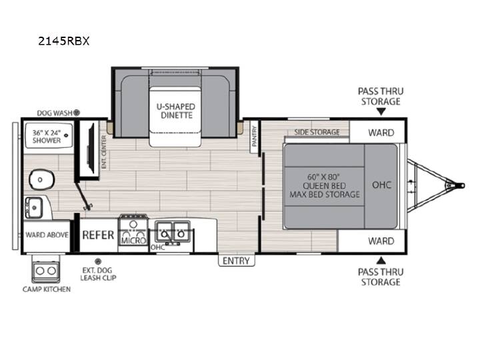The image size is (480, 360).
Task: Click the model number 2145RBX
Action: [64, 41]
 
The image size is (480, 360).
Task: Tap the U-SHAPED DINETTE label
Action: [176, 111]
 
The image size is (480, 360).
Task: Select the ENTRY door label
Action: [236, 261]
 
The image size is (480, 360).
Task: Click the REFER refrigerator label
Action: [98, 235]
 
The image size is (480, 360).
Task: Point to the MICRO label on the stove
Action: [133, 240]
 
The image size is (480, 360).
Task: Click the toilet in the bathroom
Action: [41, 179]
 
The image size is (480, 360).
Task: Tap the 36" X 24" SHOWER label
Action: [47, 137]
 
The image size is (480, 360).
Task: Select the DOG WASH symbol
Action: [77, 113]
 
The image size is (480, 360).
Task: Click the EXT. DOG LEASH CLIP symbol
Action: [98, 261]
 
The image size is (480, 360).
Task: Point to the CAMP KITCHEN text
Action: [47, 289]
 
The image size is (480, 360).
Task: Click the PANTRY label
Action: [254, 136]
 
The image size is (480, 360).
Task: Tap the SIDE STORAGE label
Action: [317, 132]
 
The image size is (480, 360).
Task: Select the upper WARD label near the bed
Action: [381, 133]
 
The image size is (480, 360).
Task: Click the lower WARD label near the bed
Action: [381, 241]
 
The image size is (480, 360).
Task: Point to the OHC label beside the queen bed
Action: [382, 185]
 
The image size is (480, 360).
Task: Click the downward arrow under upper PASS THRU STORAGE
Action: [381, 112]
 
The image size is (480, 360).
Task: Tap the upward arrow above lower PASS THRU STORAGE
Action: [381, 261]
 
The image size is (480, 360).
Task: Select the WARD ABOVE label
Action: [47, 235]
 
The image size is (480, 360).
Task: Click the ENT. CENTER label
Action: [104, 152]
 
